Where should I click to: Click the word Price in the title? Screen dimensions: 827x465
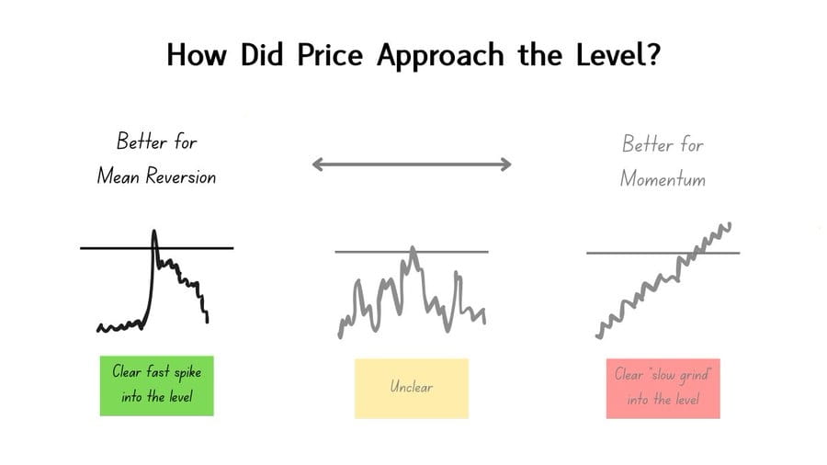pos(330,54)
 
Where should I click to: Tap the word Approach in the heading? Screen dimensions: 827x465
pos(440,56)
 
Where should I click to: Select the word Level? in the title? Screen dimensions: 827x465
pos(617,54)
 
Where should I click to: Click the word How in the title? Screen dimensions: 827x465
pos(197,54)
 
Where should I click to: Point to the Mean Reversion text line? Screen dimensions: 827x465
pos(156,176)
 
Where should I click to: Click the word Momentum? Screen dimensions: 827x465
pos(663,178)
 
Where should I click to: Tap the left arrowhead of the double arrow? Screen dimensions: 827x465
pos(317,164)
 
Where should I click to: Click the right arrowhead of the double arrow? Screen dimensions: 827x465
pos(506,164)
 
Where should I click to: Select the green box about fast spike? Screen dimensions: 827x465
pos(156,385)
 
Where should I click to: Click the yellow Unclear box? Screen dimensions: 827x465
pos(412,389)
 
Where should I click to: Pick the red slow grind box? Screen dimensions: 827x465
pos(663,389)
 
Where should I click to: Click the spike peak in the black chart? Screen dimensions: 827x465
pos(154,231)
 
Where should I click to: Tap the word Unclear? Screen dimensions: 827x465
pos(412,387)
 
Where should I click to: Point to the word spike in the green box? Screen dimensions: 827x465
pos(187,373)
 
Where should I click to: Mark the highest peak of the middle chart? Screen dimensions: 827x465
pos(413,248)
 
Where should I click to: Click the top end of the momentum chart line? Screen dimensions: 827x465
pos(730,224)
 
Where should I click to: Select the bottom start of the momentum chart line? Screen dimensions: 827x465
pos(598,335)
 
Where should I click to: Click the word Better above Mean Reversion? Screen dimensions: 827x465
pos(135,142)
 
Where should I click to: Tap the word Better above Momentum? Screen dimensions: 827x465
pos(640,144)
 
